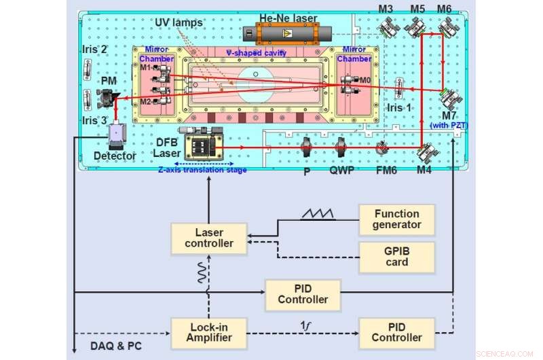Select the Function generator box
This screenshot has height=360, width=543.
point(397,219)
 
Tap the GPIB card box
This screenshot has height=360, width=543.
point(397,257)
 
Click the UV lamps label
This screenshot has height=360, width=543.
point(179,23)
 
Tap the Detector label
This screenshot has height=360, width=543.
point(115,156)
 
